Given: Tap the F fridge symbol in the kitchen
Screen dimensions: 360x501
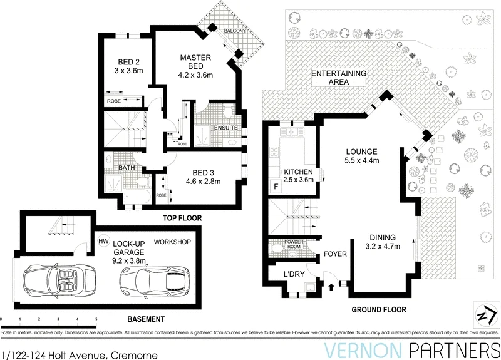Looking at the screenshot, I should coord(274,185).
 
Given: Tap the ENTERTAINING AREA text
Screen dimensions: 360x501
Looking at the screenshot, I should coord(339,78).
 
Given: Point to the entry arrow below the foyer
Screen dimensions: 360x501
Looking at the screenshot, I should coord(331,287).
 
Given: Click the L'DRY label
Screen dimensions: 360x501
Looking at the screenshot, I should coord(294,274).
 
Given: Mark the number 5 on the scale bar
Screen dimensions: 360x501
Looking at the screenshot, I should coord(96,319).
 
